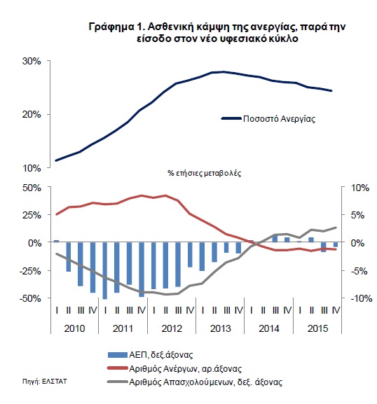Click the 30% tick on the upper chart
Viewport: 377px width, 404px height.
(32, 62)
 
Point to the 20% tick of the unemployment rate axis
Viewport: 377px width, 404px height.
(32, 114)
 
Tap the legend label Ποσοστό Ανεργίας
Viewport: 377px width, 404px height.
(279, 119)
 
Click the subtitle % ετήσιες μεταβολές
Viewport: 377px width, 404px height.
(204, 173)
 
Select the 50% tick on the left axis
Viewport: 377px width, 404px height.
(32, 188)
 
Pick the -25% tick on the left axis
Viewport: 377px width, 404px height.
(30, 271)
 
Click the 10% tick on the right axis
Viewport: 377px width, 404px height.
(359, 188)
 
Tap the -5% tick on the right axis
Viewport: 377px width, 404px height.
(359, 271)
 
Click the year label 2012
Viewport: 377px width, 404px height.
(172, 328)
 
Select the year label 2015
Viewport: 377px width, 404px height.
(317, 328)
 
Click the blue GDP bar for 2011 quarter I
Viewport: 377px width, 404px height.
(104, 270)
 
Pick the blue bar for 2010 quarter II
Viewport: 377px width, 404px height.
(69, 257)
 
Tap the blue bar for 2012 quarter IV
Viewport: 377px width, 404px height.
(190, 255)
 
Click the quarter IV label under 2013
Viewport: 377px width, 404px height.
(239, 310)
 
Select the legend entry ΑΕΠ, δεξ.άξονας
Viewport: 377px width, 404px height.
(151, 355)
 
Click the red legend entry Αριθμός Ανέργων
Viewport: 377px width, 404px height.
(174, 369)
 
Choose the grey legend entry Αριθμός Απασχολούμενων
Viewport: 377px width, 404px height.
(194, 382)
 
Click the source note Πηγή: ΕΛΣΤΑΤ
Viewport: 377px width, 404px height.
(45, 382)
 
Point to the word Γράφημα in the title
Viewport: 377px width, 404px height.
(110, 27)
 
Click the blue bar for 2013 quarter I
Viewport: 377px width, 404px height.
(202, 256)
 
